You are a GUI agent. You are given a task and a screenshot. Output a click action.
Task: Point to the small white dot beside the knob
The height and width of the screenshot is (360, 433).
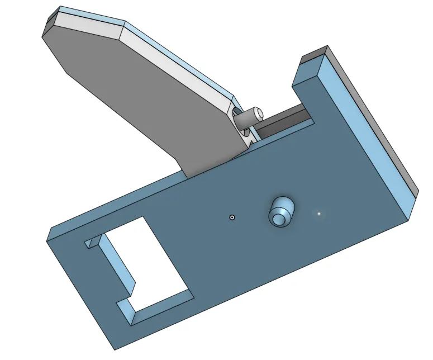319,213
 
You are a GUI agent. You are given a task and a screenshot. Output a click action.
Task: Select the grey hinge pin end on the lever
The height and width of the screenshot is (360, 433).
258,113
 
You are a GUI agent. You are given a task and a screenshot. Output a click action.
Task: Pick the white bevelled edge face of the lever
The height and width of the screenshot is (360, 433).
168,56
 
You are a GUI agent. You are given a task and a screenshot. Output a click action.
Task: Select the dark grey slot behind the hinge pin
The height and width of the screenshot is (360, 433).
285,121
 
